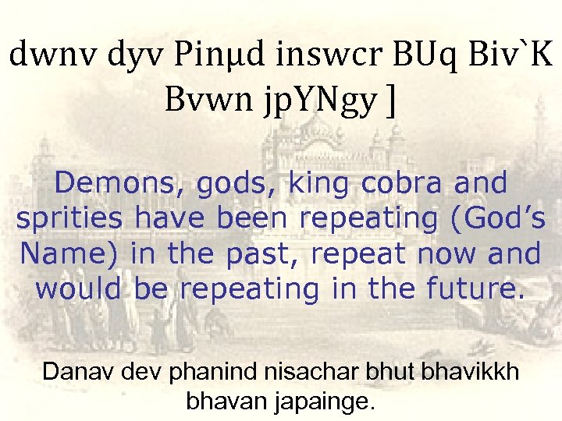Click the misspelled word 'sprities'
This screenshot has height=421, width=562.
(x=69, y=219)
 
